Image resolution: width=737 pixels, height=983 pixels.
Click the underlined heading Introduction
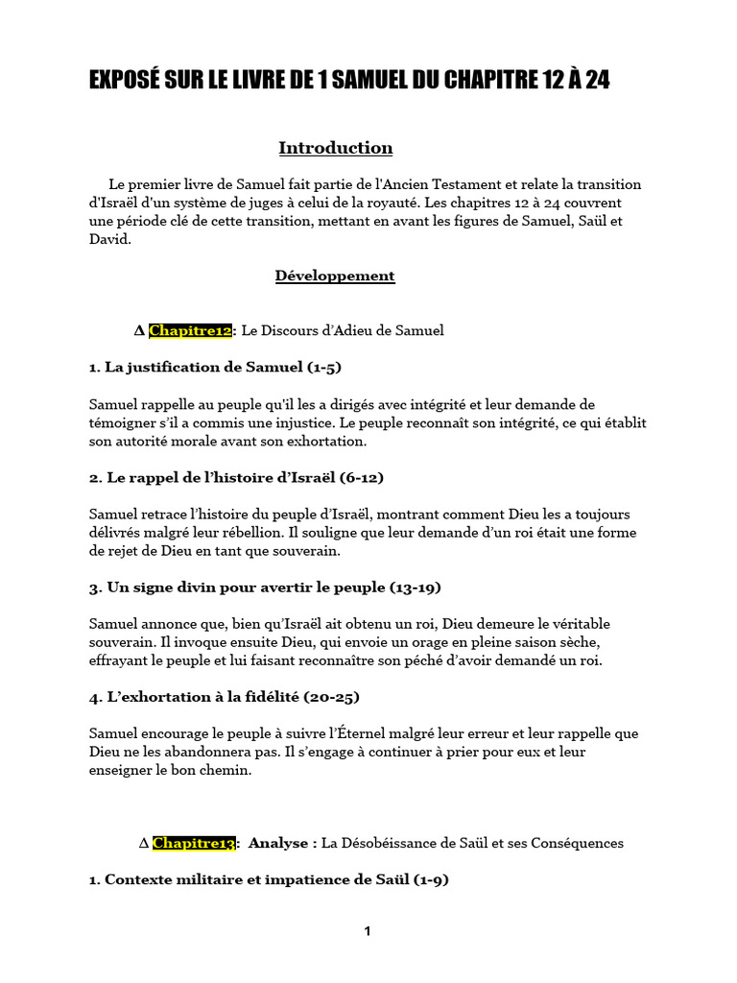coord(335,148)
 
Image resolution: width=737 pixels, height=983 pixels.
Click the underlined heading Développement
coord(335,276)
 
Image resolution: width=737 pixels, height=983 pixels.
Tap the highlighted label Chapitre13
coord(194,843)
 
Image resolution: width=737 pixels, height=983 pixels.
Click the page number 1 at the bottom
coord(368,931)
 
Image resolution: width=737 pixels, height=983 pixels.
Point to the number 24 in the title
coord(596,81)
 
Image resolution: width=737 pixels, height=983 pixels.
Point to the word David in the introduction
coord(107,239)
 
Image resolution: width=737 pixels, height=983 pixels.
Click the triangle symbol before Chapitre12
coord(139,330)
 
